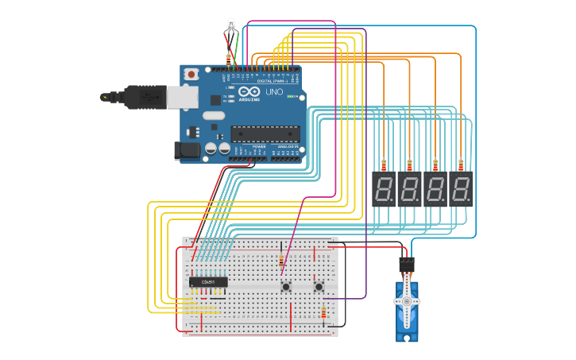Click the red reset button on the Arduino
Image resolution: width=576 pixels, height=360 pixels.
[191, 74]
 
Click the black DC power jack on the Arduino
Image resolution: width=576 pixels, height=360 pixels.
[185, 149]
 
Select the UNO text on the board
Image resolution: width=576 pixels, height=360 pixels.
[273, 92]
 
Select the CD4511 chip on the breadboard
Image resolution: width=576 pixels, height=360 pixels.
[208, 281]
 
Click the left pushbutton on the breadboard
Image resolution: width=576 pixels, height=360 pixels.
[285, 285]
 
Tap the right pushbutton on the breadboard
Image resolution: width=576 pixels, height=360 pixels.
[319, 285]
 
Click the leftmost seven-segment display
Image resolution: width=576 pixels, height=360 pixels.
[383, 189]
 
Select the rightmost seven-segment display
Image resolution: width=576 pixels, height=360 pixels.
[461, 189]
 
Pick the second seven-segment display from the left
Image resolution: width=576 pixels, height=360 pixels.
[409, 189]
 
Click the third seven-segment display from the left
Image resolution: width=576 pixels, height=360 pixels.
[435, 189]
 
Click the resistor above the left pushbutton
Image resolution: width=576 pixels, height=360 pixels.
[280, 261]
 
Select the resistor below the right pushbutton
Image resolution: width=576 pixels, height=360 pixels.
[323, 312]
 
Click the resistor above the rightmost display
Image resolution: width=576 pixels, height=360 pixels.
[461, 165]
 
